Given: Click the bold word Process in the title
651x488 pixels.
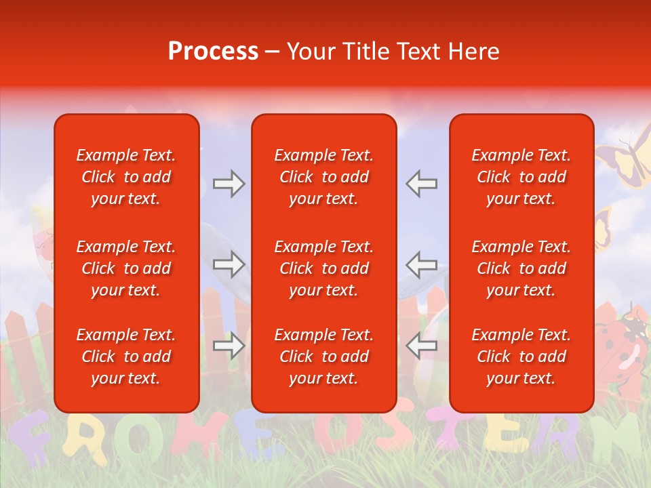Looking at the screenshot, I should pos(213,52).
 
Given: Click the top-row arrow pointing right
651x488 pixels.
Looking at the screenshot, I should pos(229,184).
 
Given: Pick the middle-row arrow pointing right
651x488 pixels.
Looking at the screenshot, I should pos(229,264).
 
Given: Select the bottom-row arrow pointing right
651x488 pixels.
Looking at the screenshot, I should pos(229,346).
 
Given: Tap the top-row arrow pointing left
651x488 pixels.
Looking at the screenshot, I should pos(421,184).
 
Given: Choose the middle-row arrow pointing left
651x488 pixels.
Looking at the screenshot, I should pos(421,264).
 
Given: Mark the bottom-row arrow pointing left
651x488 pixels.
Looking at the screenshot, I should pos(421,346).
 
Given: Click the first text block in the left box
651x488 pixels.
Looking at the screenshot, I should pos(126,177).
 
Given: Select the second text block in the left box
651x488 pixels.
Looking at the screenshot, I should pos(126,268).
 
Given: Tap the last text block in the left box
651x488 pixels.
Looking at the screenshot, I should pos(126,357).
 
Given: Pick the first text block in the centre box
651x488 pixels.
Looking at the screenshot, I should pos(323,177).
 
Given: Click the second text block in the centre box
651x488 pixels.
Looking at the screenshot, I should pos(323,268).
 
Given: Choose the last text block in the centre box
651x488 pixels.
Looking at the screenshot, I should pos(323,357).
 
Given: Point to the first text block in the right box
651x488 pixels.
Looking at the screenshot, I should pos(521,177).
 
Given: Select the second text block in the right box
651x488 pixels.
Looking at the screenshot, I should pos(521,268).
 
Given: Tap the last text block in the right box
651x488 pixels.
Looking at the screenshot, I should pos(521,357).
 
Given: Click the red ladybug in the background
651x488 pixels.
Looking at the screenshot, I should pos(620,346).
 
